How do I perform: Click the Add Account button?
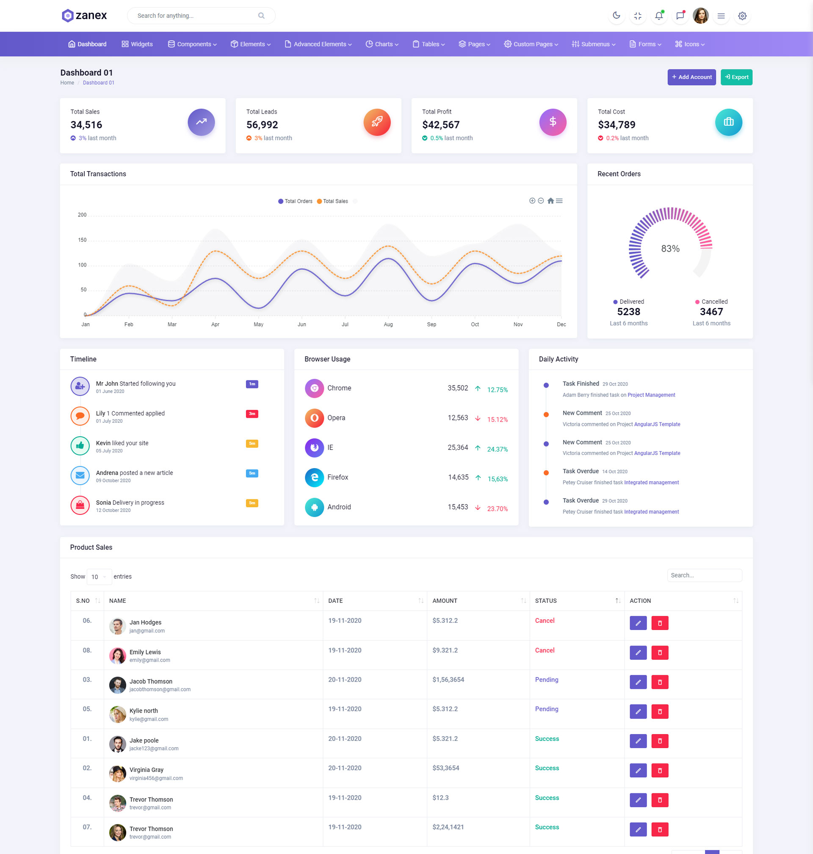tap(691, 77)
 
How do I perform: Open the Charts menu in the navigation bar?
tap(382, 44)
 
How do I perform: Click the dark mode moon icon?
tap(616, 16)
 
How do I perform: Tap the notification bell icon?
tap(659, 16)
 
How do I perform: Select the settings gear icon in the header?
tap(742, 16)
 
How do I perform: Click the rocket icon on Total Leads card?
tap(376, 122)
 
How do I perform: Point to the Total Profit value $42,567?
tap(440, 125)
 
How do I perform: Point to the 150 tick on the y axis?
tap(82, 240)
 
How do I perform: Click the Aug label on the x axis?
tap(388, 324)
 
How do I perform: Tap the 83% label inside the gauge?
tap(670, 249)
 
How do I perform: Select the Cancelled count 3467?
tap(711, 312)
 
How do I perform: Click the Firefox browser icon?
tap(314, 477)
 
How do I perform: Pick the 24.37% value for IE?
tap(497, 449)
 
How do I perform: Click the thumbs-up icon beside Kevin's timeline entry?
tap(80, 446)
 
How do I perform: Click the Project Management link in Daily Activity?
tap(651, 395)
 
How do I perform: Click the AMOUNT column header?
tap(445, 601)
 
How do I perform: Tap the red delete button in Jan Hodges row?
tap(660, 623)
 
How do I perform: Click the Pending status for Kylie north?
tap(547, 709)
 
